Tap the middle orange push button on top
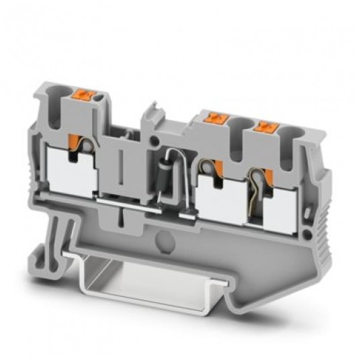(218, 120)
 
